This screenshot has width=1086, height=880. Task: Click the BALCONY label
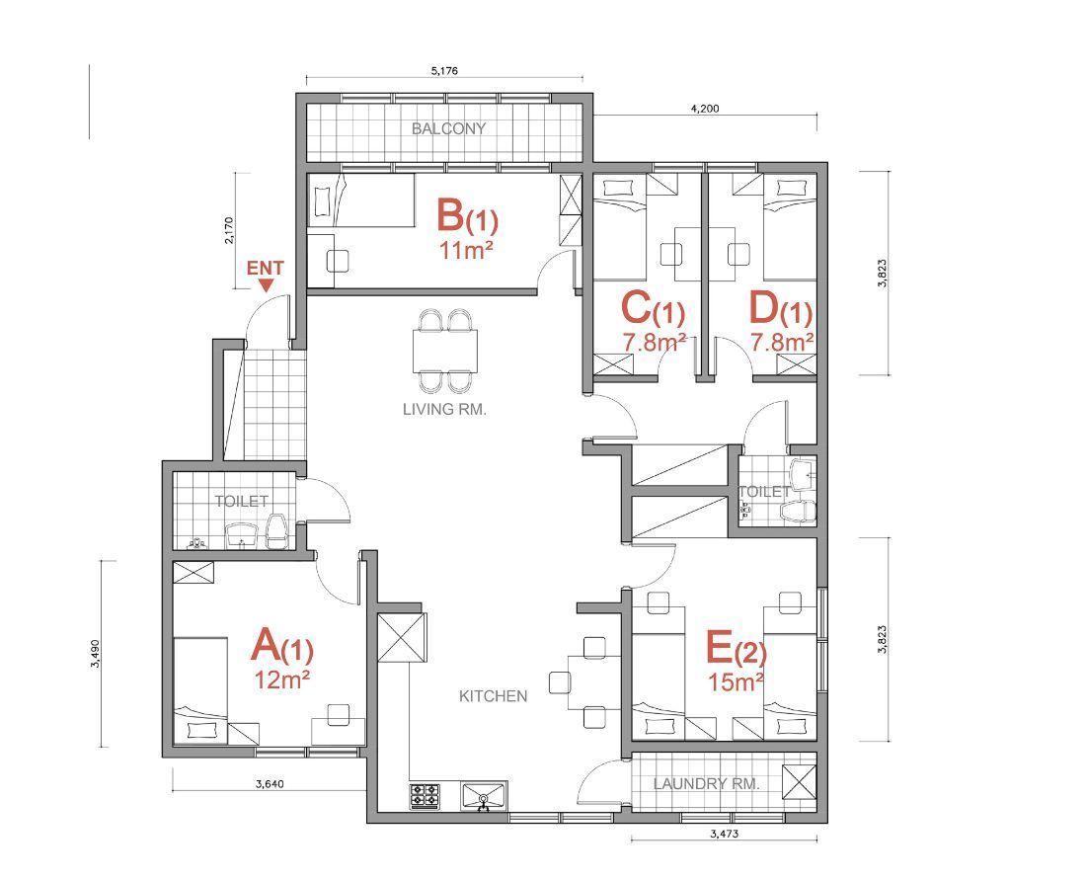tap(448, 128)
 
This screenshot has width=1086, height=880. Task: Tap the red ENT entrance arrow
tap(266, 285)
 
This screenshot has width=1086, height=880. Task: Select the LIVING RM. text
tap(444, 409)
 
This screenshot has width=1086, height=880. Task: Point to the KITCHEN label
tap(493, 695)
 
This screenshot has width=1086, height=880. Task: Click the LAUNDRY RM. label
tap(707, 783)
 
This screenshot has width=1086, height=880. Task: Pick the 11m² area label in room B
tap(466, 250)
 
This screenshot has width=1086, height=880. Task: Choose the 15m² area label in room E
tap(736, 681)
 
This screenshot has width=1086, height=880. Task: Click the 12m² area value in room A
tap(280, 680)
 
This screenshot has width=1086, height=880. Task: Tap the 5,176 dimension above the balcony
tap(444, 70)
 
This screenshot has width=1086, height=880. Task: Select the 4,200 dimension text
tap(705, 108)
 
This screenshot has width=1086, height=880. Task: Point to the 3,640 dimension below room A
tap(270, 784)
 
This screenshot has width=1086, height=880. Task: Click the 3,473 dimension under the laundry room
tap(724, 834)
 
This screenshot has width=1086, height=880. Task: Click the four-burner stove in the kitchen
tap(426, 796)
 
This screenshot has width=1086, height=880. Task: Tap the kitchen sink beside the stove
tap(484, 796)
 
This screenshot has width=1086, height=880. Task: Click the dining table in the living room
tap(444, 351)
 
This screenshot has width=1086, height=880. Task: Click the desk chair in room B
tap(338, 261)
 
